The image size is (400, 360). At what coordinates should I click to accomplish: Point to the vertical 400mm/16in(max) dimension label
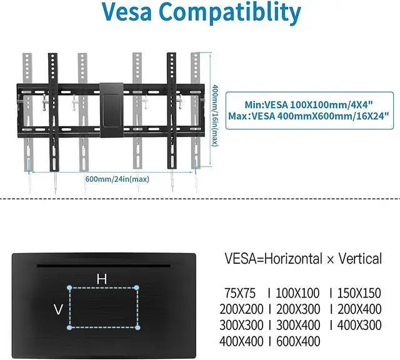coord(214,115)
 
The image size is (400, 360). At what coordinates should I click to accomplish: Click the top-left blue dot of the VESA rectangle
coord(69,288)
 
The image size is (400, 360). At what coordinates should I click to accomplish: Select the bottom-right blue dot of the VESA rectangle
coord(137,327)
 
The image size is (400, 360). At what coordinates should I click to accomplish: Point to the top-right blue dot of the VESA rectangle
coord(137,288)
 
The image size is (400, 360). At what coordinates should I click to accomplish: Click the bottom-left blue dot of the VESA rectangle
coord(69,327)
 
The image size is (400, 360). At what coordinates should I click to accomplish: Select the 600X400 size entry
coord(297,341)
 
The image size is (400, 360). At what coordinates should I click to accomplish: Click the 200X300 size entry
coord(297,309)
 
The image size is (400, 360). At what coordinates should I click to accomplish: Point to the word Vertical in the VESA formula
coord(357,258)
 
